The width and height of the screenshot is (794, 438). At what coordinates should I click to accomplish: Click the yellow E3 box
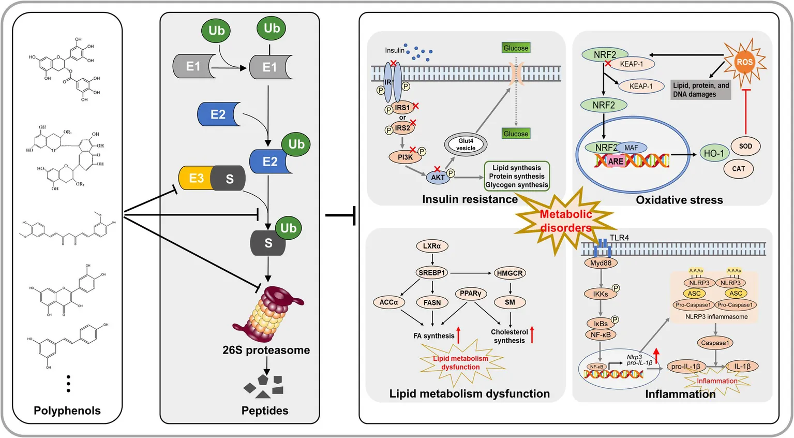pos(195,178)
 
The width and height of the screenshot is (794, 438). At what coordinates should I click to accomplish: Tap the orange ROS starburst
pos(744,62)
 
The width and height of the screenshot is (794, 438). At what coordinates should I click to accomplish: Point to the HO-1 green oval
pos(714,153)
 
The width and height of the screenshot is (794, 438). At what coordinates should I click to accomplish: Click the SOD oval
pos(745,146)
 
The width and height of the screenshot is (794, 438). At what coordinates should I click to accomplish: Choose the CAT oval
pos(738,169)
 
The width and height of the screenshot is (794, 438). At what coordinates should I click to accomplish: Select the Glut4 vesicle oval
pos(466,144)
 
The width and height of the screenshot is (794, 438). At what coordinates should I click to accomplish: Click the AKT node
pos(438,177)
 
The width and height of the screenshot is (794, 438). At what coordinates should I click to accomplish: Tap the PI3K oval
pos(405,157)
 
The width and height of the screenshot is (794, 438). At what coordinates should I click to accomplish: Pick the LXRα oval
pos(432,246)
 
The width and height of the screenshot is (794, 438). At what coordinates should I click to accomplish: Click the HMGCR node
pos(510,273)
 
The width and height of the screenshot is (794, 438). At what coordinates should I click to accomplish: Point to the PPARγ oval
pos(471,294)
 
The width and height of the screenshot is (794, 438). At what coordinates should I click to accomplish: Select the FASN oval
pos(432,302)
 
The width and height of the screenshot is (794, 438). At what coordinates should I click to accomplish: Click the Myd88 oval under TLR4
pos(601,263)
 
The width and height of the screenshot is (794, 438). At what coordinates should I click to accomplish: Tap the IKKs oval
pos(601,294)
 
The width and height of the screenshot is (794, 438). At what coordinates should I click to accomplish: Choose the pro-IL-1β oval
pos(685,367)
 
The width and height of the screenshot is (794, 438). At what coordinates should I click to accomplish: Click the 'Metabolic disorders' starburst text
pos(566,221)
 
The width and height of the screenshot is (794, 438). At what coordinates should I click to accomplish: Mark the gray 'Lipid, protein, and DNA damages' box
pos(701,90)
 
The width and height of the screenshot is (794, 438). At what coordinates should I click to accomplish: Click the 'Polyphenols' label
pos(67,411)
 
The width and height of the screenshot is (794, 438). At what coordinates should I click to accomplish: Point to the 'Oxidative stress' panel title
pos(679,200)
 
